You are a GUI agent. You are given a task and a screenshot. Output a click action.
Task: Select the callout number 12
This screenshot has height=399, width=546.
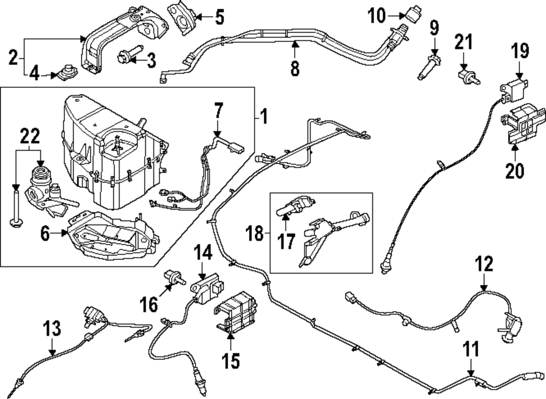pyautogui.click(x=484, y=265)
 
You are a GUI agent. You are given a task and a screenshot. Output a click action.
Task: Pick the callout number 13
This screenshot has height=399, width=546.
pyautogui.click(x=52, y=329)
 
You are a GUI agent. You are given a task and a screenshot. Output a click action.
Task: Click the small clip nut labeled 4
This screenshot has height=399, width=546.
pyautogui.click(x=68, y=72)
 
